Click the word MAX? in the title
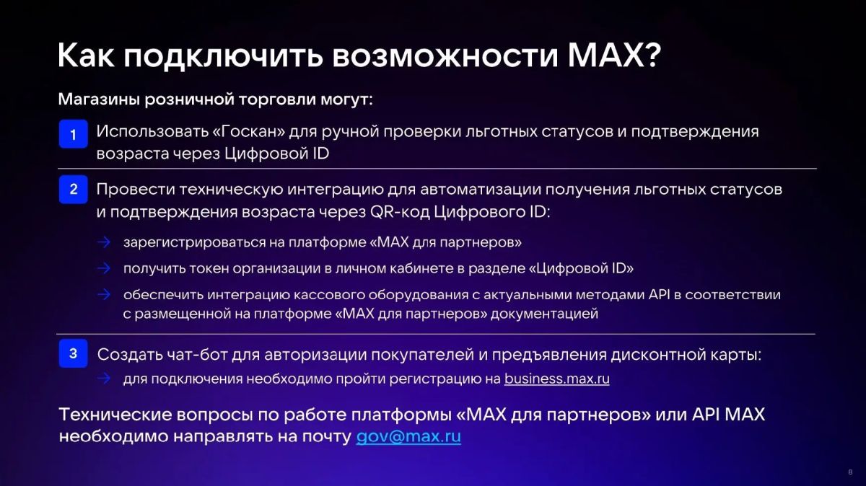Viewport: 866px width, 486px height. [614, 56]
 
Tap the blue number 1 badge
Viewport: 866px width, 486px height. [73, 134]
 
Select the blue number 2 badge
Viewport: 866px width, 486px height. [73, 190]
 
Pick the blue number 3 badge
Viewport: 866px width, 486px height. [73, 353]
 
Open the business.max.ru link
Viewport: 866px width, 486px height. [556, 379]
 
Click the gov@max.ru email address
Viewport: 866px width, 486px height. [408, 437]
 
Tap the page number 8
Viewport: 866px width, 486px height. [850, 472]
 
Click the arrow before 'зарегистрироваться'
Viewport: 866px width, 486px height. [104, 242]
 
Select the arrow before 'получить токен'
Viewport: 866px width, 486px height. [104, 268]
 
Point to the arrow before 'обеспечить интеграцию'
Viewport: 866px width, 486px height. [104, 294]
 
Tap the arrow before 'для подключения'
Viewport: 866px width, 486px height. [104, 379]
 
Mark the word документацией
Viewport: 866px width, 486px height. [544, 314]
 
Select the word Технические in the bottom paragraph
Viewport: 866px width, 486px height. [115, 415]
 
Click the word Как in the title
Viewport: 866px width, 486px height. [86, 56]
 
